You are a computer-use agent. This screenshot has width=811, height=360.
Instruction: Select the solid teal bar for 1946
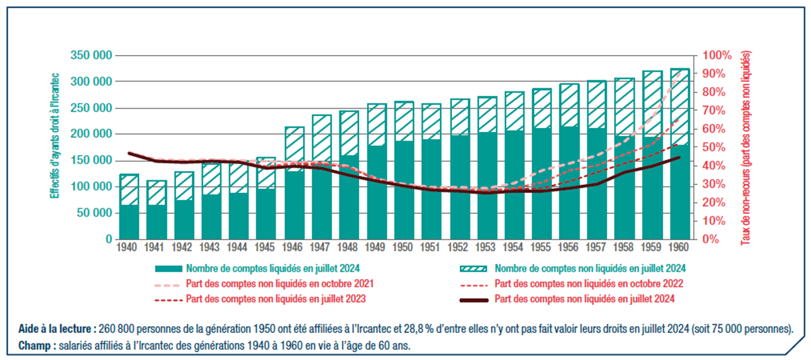point(294,206)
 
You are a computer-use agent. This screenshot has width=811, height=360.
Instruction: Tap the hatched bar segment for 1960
point(680,106)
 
